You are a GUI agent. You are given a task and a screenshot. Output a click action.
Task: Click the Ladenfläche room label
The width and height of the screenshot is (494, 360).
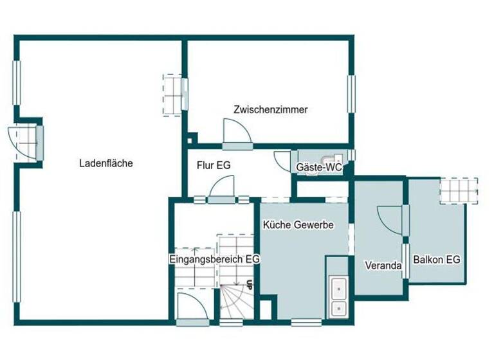click(106, 163)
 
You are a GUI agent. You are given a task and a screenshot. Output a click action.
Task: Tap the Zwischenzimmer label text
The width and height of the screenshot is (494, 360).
click(271, 110)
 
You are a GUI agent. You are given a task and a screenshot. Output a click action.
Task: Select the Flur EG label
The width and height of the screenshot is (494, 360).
click(214, 165)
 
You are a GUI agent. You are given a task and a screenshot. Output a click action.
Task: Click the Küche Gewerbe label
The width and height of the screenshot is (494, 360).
click(297, 225)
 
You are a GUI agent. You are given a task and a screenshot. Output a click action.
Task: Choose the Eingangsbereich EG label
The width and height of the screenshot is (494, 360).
click(214, 259)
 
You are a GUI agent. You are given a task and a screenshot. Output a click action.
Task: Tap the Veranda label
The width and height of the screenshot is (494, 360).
click(383, 265)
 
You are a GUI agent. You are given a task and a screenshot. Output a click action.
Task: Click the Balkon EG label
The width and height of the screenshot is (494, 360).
click(437, 260)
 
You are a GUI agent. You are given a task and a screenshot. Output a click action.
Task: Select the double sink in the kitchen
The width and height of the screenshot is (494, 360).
click(338, 297)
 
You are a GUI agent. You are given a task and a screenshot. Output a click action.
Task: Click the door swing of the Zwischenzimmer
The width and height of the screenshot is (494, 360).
click(237, 131)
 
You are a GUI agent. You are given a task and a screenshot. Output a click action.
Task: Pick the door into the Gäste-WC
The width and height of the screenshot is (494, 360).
click(282, 160)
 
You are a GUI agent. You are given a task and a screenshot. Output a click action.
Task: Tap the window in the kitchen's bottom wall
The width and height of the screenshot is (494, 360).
click(305, 320)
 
